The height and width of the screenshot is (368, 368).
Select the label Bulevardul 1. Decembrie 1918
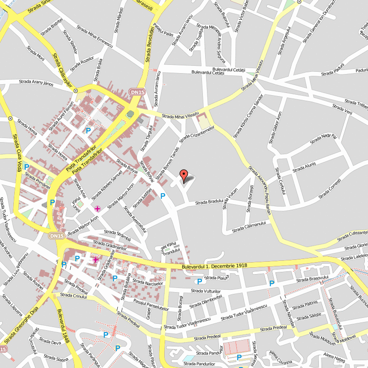pos(215,266)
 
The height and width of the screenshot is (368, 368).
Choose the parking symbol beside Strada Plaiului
pos(199,282)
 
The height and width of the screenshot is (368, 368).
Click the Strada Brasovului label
pos(312,279)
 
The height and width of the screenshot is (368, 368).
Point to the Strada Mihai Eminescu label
pos(94,35)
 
